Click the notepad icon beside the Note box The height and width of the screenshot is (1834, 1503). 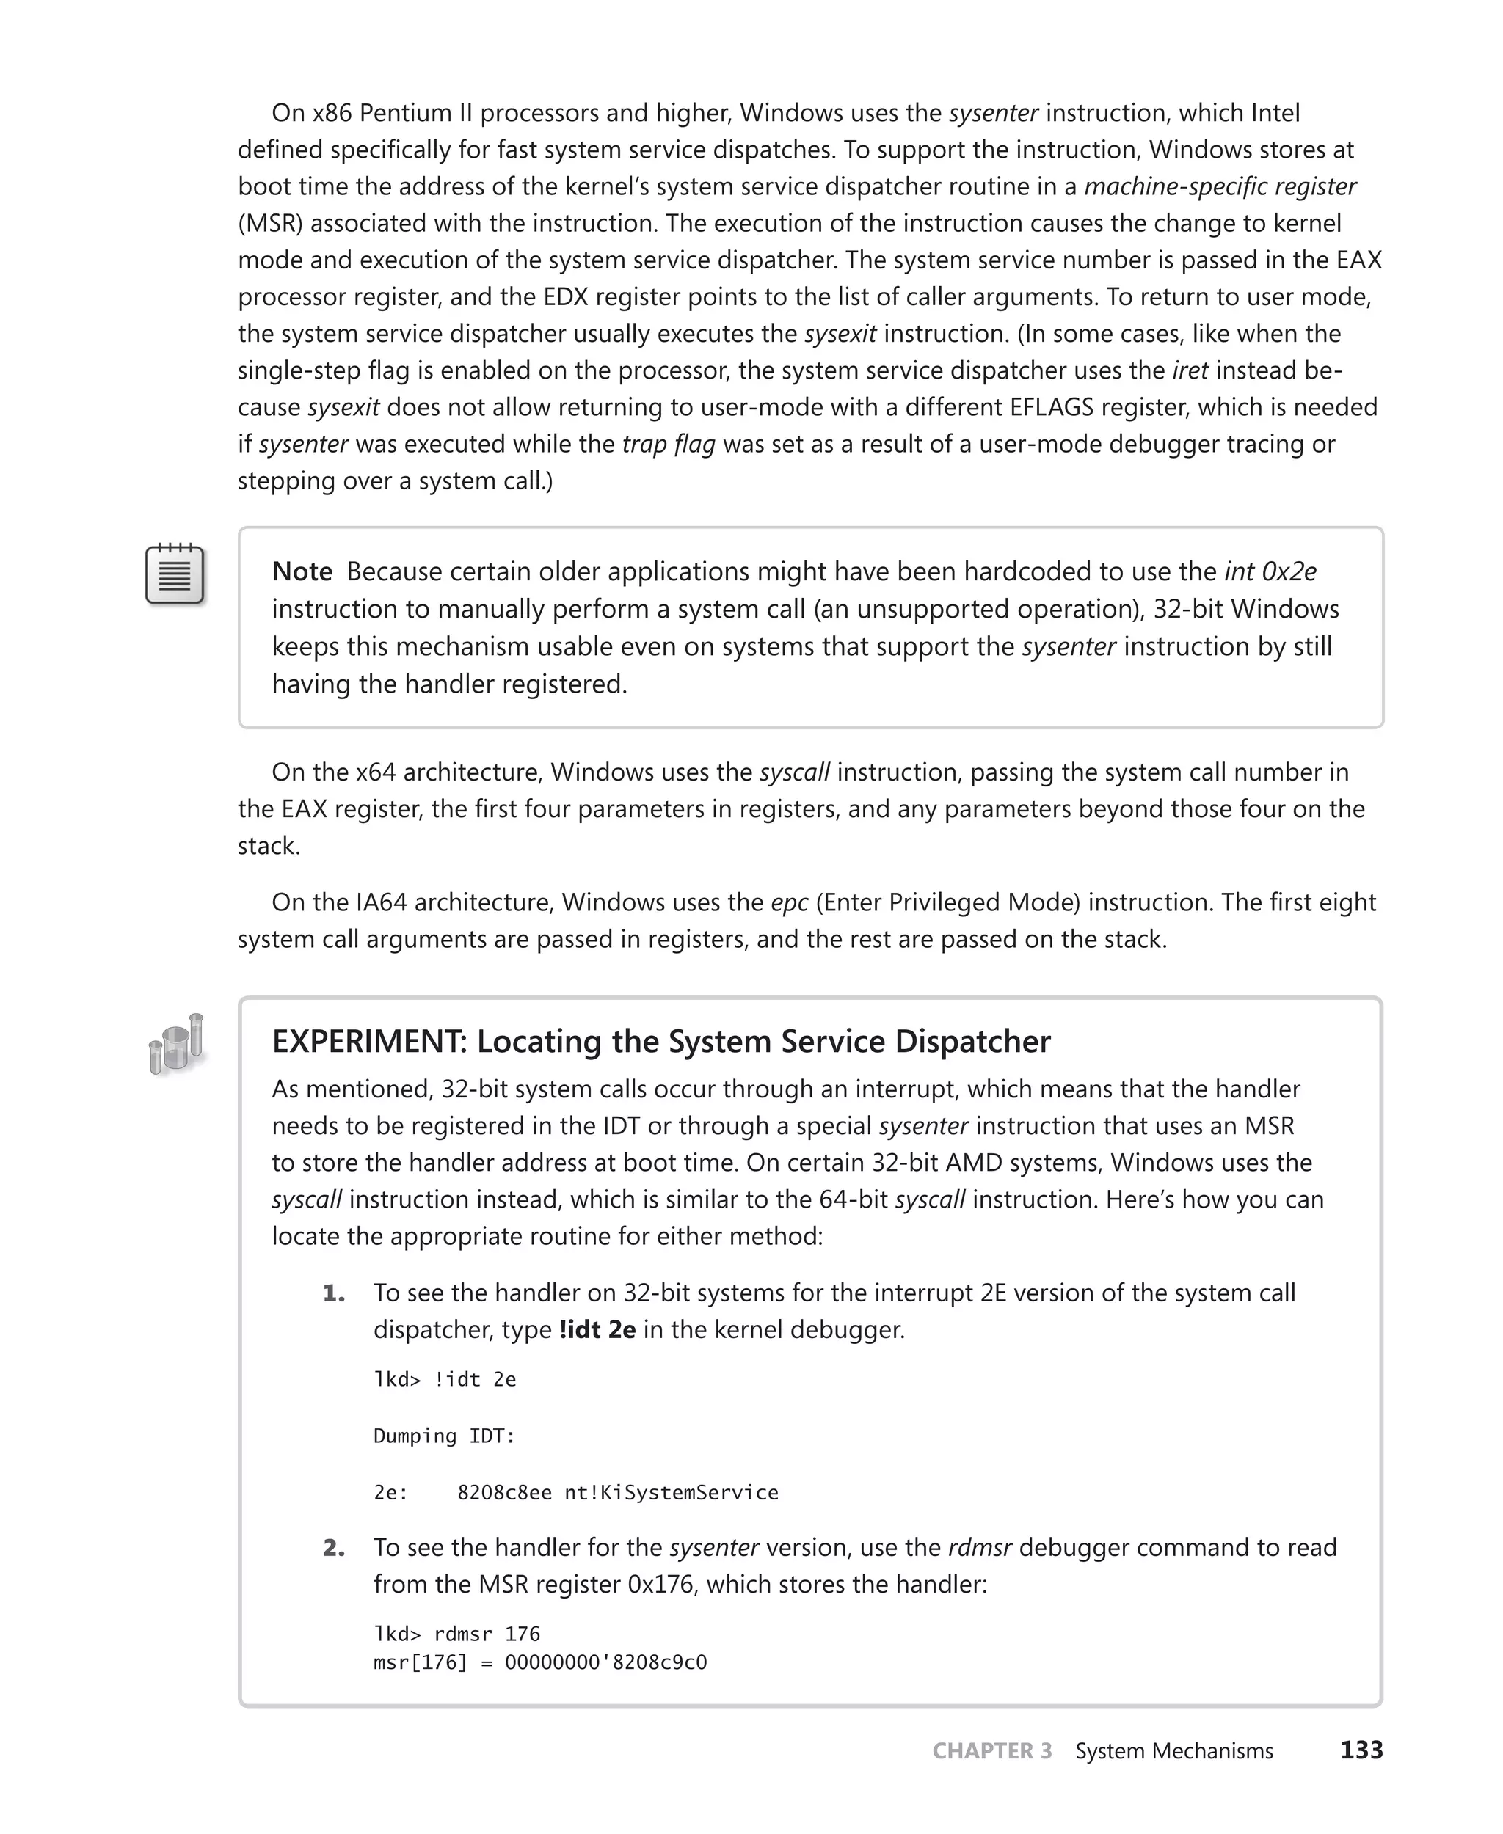pyautogui.click(x=175, y=574)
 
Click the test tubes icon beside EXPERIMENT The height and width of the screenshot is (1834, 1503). pyautogui.click(x=177, y=1045)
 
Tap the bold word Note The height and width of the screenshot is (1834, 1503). pyautogui.click(x=302, y=572)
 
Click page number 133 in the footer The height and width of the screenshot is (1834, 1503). pyautogui.click(x=1361, y=1750)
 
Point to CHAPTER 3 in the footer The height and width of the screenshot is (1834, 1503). pyautogui.click(x=992, y=1751)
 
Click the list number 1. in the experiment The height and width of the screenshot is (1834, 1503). pyautogui.click(x=334, y=1293)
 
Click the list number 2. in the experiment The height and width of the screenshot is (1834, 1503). pyautogui.click(x=334, y=1547)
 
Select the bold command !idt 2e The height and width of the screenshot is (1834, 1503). pyautogui.click(x=597, y=1329)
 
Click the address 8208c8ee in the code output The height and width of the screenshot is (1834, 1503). pyautogui.click(x=504, y=1493)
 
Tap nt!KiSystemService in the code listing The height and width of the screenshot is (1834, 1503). pyautogui.click(x=671, y=1493)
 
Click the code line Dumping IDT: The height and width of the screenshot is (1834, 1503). pyautogui.click(x=444, y=1436)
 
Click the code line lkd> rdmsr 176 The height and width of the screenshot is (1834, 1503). pyautogui.click(x=456, y=1634)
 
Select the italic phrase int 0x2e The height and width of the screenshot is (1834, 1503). pyautogui.click(x=1270, y=572)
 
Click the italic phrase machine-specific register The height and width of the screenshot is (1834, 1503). pyautogui.click(x=1219, y=187)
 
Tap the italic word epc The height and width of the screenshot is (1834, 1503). pyautogui.click(x=789, y=903)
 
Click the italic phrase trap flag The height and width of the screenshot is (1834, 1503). pyautogui.click(x=669, y=444)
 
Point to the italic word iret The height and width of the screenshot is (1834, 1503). pyautogui.click(x=1190, y=370)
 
